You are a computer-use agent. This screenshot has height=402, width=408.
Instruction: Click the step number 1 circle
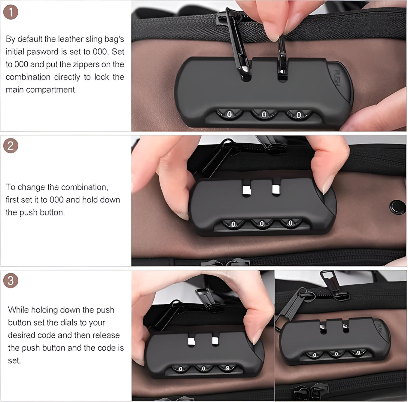(x=11, y=12)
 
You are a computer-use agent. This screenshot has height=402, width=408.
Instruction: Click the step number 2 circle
(x=11, y=146)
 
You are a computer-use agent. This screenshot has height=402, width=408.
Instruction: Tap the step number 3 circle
(x=11, y=280)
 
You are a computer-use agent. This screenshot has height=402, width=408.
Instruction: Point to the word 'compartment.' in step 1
(x=51, y=90)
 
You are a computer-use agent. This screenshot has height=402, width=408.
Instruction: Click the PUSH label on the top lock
(x=337, y=78)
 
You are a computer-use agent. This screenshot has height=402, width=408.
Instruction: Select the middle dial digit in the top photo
(x=264, y=115)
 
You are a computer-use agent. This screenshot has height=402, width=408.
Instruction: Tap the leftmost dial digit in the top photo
(x=229, y=114)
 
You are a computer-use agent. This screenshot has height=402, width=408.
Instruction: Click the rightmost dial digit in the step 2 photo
(x=290, y=223)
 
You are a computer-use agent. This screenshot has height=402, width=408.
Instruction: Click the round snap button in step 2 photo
(x=397, y=207)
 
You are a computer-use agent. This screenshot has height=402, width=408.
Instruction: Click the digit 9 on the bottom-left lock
(x=227, y=368)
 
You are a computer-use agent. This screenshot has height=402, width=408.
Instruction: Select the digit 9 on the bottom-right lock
(x=358, y=353)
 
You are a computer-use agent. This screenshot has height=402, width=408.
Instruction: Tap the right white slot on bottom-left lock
(x=215, y=340)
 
